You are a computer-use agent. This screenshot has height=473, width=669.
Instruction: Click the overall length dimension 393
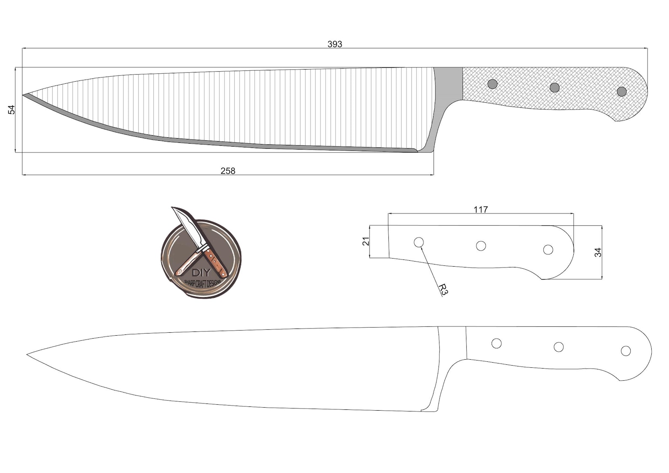click(334, 44)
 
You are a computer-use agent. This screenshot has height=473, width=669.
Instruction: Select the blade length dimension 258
click(228, 171)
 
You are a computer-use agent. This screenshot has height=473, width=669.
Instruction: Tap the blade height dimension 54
click(11, 110)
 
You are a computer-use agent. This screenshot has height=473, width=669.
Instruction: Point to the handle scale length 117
click(480, 209)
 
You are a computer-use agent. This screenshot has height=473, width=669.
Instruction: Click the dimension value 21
click(366, 241)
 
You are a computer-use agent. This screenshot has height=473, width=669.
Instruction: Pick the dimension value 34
click(597, 252)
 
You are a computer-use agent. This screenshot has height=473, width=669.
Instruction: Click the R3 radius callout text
click(443, 289)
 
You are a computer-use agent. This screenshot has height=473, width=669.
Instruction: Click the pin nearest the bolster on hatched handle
click(492, 84)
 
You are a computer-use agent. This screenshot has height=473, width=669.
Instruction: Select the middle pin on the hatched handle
click(555, 88)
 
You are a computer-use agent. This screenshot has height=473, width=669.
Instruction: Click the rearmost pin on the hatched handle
click(621, 91)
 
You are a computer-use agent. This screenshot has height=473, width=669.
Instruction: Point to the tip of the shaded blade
click(24, 95)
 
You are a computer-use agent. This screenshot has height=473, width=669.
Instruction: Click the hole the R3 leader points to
click(419, 242)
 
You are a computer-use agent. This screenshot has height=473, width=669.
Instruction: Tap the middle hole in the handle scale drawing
click(481, 246)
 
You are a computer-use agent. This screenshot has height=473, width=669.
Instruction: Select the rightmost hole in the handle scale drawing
click(548, 249)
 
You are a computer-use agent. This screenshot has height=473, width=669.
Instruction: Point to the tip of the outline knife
click(28, 354)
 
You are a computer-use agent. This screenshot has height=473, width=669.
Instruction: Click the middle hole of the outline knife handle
click(559, 347)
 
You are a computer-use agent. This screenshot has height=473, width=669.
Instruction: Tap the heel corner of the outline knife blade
click(422, 411)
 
